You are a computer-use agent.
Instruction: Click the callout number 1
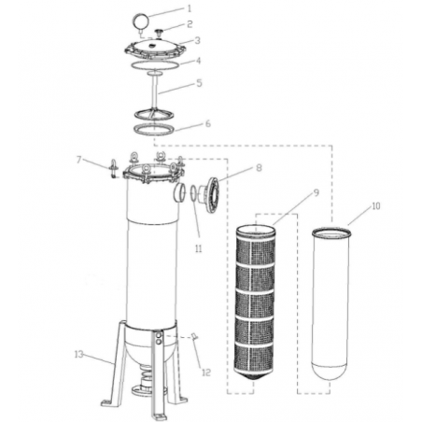click(x=189, y=8)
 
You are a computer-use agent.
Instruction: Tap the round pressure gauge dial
click(x=140, y=21)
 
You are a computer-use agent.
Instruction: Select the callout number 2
click(x=190, y=24)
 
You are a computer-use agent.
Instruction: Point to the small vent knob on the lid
click(x=160, y=31)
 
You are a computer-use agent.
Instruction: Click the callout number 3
click(x=197, y=40)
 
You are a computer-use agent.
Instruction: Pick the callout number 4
click(x=198, y=61)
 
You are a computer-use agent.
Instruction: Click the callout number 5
click(x=199, y=83)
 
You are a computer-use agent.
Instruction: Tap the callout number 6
click(x=207, y=124)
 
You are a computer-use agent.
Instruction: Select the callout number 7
click(x=79, y=160)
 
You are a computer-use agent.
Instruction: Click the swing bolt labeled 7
click(x=114, y=168)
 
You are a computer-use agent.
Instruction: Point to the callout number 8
click(x=259, y=168)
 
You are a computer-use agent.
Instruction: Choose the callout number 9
click(x=316, y=193)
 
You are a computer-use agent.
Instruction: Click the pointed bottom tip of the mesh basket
click(x=254, y=380)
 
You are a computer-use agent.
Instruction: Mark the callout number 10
click(x=376, y=206)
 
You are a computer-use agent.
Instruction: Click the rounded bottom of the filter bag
click(x=330, y=373)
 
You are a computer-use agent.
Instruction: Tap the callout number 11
click(x=199, y=248)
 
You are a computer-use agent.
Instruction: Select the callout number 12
click(x=206, y=373)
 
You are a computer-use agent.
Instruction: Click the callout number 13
click(x=79, y=354)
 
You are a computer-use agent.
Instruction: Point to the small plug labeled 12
click(x=194, y=336)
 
